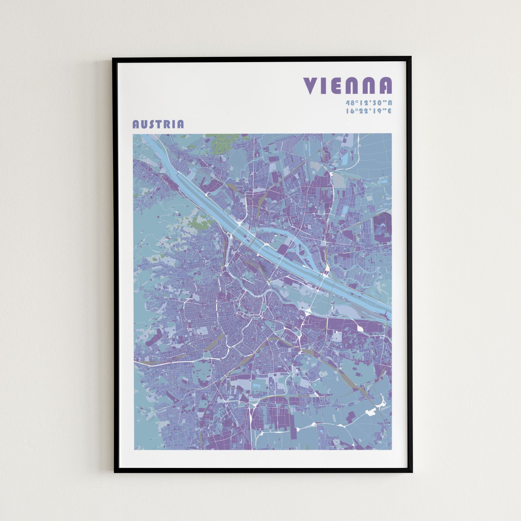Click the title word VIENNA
pos(348,86)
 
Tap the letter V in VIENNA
pos(310,86)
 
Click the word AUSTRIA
pos(158,124)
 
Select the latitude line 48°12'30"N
pos(368,103)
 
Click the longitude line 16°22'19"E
pos(368,111)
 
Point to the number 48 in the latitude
pos(349,103)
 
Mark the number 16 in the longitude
pos(349,111)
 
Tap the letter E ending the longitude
pos(389,111)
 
